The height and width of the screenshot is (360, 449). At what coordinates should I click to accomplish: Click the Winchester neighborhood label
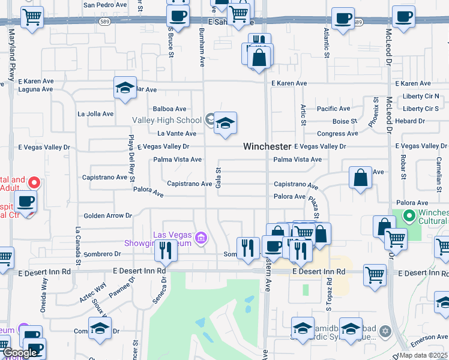coord(267,146)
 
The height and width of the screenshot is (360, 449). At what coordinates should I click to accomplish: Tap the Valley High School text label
coord(168,120)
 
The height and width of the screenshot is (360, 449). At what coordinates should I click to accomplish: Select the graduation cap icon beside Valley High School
coord(225,124)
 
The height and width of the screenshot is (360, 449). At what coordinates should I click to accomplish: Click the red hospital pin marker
coord(35,182)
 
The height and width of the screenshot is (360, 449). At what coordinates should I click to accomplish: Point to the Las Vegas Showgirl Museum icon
coord(201,239)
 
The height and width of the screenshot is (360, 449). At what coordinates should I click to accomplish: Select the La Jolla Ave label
coord(95,113)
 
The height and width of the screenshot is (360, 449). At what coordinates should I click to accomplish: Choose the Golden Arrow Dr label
coord(107,215)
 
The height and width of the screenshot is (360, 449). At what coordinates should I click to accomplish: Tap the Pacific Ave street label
coord(333,109)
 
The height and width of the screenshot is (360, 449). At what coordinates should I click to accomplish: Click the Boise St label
coord(345,121)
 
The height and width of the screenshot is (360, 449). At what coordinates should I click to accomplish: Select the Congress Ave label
coord(337,134)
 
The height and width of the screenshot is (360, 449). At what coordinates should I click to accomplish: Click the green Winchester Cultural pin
coord(410,215)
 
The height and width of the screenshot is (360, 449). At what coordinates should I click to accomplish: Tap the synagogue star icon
coord(385,331)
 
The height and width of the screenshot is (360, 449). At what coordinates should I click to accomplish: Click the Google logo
coord(20,353)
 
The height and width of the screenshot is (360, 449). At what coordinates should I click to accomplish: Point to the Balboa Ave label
coord(170,109)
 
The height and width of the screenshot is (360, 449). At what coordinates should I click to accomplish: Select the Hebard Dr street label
coord(410,121)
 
